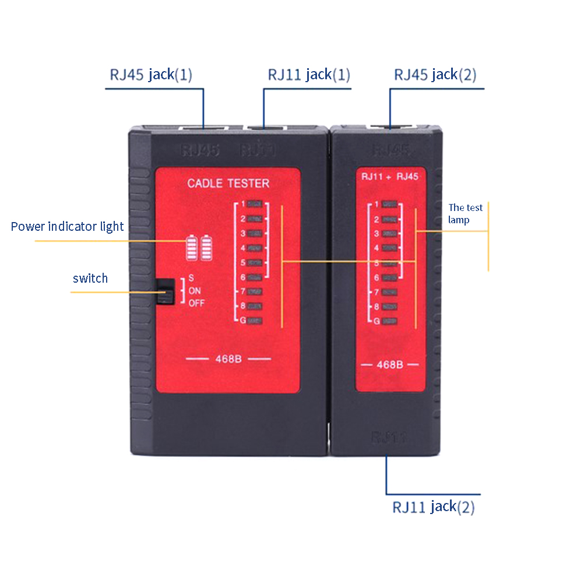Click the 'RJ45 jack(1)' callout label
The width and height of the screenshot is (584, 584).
coord(151,75)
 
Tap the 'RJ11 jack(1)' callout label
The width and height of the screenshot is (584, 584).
coord(309,75)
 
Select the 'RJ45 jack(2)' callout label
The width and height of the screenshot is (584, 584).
coord(435,75)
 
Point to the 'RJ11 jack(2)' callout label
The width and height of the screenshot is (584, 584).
coord(433,506)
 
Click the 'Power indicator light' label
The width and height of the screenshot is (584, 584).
coord(67,226)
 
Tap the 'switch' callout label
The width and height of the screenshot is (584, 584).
coord(90,278)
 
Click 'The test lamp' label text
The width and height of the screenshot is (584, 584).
coord(466,213)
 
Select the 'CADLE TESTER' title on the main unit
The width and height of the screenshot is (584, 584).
coord(228,184)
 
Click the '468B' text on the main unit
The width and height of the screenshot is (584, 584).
coord(228,358)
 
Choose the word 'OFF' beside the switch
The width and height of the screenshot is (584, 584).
coord(196,303)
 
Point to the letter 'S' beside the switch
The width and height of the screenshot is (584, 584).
coord(191,279)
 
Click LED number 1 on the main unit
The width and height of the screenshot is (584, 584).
coord(255,205)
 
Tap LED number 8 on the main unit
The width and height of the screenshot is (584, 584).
coord(255,306)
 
